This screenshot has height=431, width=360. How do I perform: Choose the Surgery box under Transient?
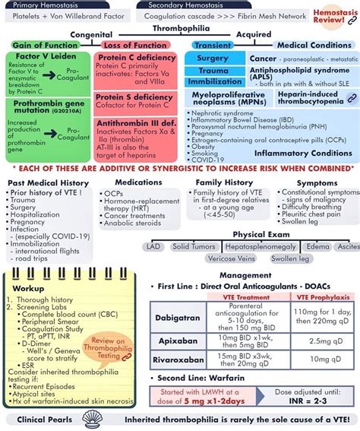pyautogui.click(x=213, y=59)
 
